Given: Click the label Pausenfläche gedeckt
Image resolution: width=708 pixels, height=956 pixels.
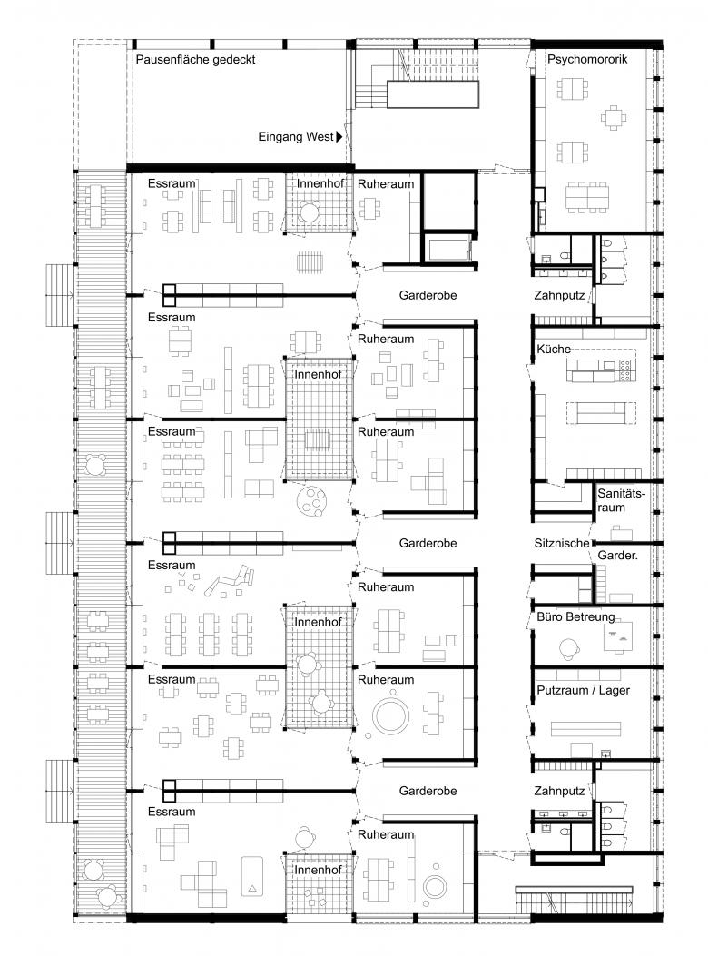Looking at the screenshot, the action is pyautogui.click(x=195, y=60).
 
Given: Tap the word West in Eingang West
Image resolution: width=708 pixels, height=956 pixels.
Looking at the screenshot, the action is pyautogui.click(x=320, y=136).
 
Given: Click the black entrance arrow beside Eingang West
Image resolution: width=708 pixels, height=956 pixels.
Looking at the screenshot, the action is pyautogui.click(x=339, y=136).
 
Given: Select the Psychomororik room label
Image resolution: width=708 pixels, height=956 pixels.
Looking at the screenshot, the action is pyautogui.click(x=587, y=60).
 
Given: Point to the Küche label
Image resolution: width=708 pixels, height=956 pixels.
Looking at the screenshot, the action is pyautogui.click(x=554, y=350).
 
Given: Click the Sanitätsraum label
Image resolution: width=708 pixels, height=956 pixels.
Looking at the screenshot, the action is pyautogui.click(x=621, y=500).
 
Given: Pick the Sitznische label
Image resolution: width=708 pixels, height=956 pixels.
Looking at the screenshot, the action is pyautogui.click(x=562, y=543).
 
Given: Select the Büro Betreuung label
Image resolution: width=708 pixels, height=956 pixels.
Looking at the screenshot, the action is pyautogui.click(x=575, y=617).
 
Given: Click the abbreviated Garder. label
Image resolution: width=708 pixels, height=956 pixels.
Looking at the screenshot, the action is pyautogui.click(x=618, y=556).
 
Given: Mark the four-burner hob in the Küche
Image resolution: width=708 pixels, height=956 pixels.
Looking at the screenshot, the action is pyautogui.click(x=625, y=370).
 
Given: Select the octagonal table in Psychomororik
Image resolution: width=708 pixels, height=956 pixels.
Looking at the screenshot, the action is pyautogui.click(x=613, y=117).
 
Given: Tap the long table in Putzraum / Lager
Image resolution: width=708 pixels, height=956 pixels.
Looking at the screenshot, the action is pyautogui.click(x=586, y=729).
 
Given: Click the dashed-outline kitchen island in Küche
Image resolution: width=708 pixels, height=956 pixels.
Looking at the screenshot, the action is pyautogui.click(x=601, y=413).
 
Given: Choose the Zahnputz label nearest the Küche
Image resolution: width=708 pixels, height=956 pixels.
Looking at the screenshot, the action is pyautogui.click(x=559, y=296).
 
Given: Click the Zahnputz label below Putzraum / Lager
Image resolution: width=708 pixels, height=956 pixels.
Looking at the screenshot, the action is pyautogui.click(x=559, y=792).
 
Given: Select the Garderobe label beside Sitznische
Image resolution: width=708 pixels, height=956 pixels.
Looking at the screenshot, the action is pyautogui.click(x=428, y=543).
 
